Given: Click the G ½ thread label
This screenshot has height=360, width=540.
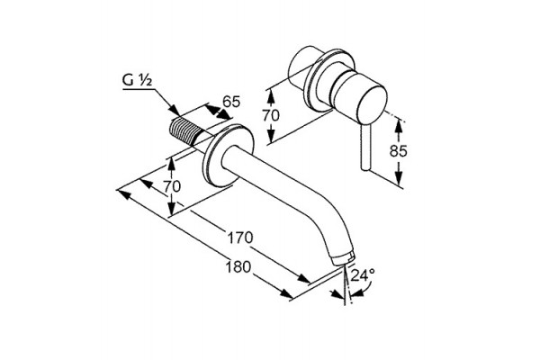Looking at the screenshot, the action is click(x=137, y=80).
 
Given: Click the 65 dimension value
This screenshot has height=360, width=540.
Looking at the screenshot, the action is click(x=230, y=102).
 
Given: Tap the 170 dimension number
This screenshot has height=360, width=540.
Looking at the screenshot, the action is click(x=240, y=238).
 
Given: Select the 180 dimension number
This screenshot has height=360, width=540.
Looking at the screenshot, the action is click(x=238, y=267).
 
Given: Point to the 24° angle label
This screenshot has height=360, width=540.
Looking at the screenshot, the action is click(x=363, y=275).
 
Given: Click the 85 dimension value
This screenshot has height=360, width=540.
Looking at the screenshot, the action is click(x=398, y=151).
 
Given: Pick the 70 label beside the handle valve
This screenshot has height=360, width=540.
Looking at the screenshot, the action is click(x=271, y=115).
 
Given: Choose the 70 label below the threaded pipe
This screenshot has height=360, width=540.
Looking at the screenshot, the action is click(x=172, y=186).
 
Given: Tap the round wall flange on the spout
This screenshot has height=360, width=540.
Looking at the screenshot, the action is click(x=229, y=155).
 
